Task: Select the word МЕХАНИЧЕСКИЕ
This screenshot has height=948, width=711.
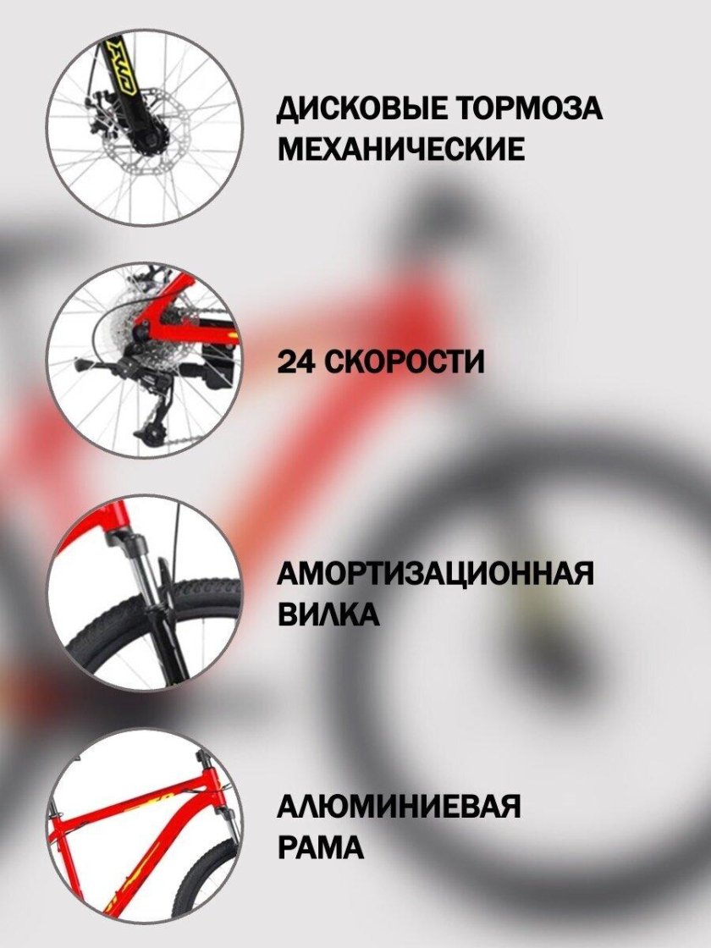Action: tap(401, 148)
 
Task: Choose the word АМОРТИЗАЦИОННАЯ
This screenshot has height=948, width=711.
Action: tap(435, 572)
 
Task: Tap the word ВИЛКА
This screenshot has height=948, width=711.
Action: tap(328, 614)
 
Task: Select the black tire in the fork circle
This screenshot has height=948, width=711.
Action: tap(152, 629)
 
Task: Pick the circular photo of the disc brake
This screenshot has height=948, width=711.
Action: tap(145, 128)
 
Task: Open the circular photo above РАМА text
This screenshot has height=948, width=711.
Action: tap(145, 826)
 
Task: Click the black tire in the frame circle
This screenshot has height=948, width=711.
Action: tap(206, 877)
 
